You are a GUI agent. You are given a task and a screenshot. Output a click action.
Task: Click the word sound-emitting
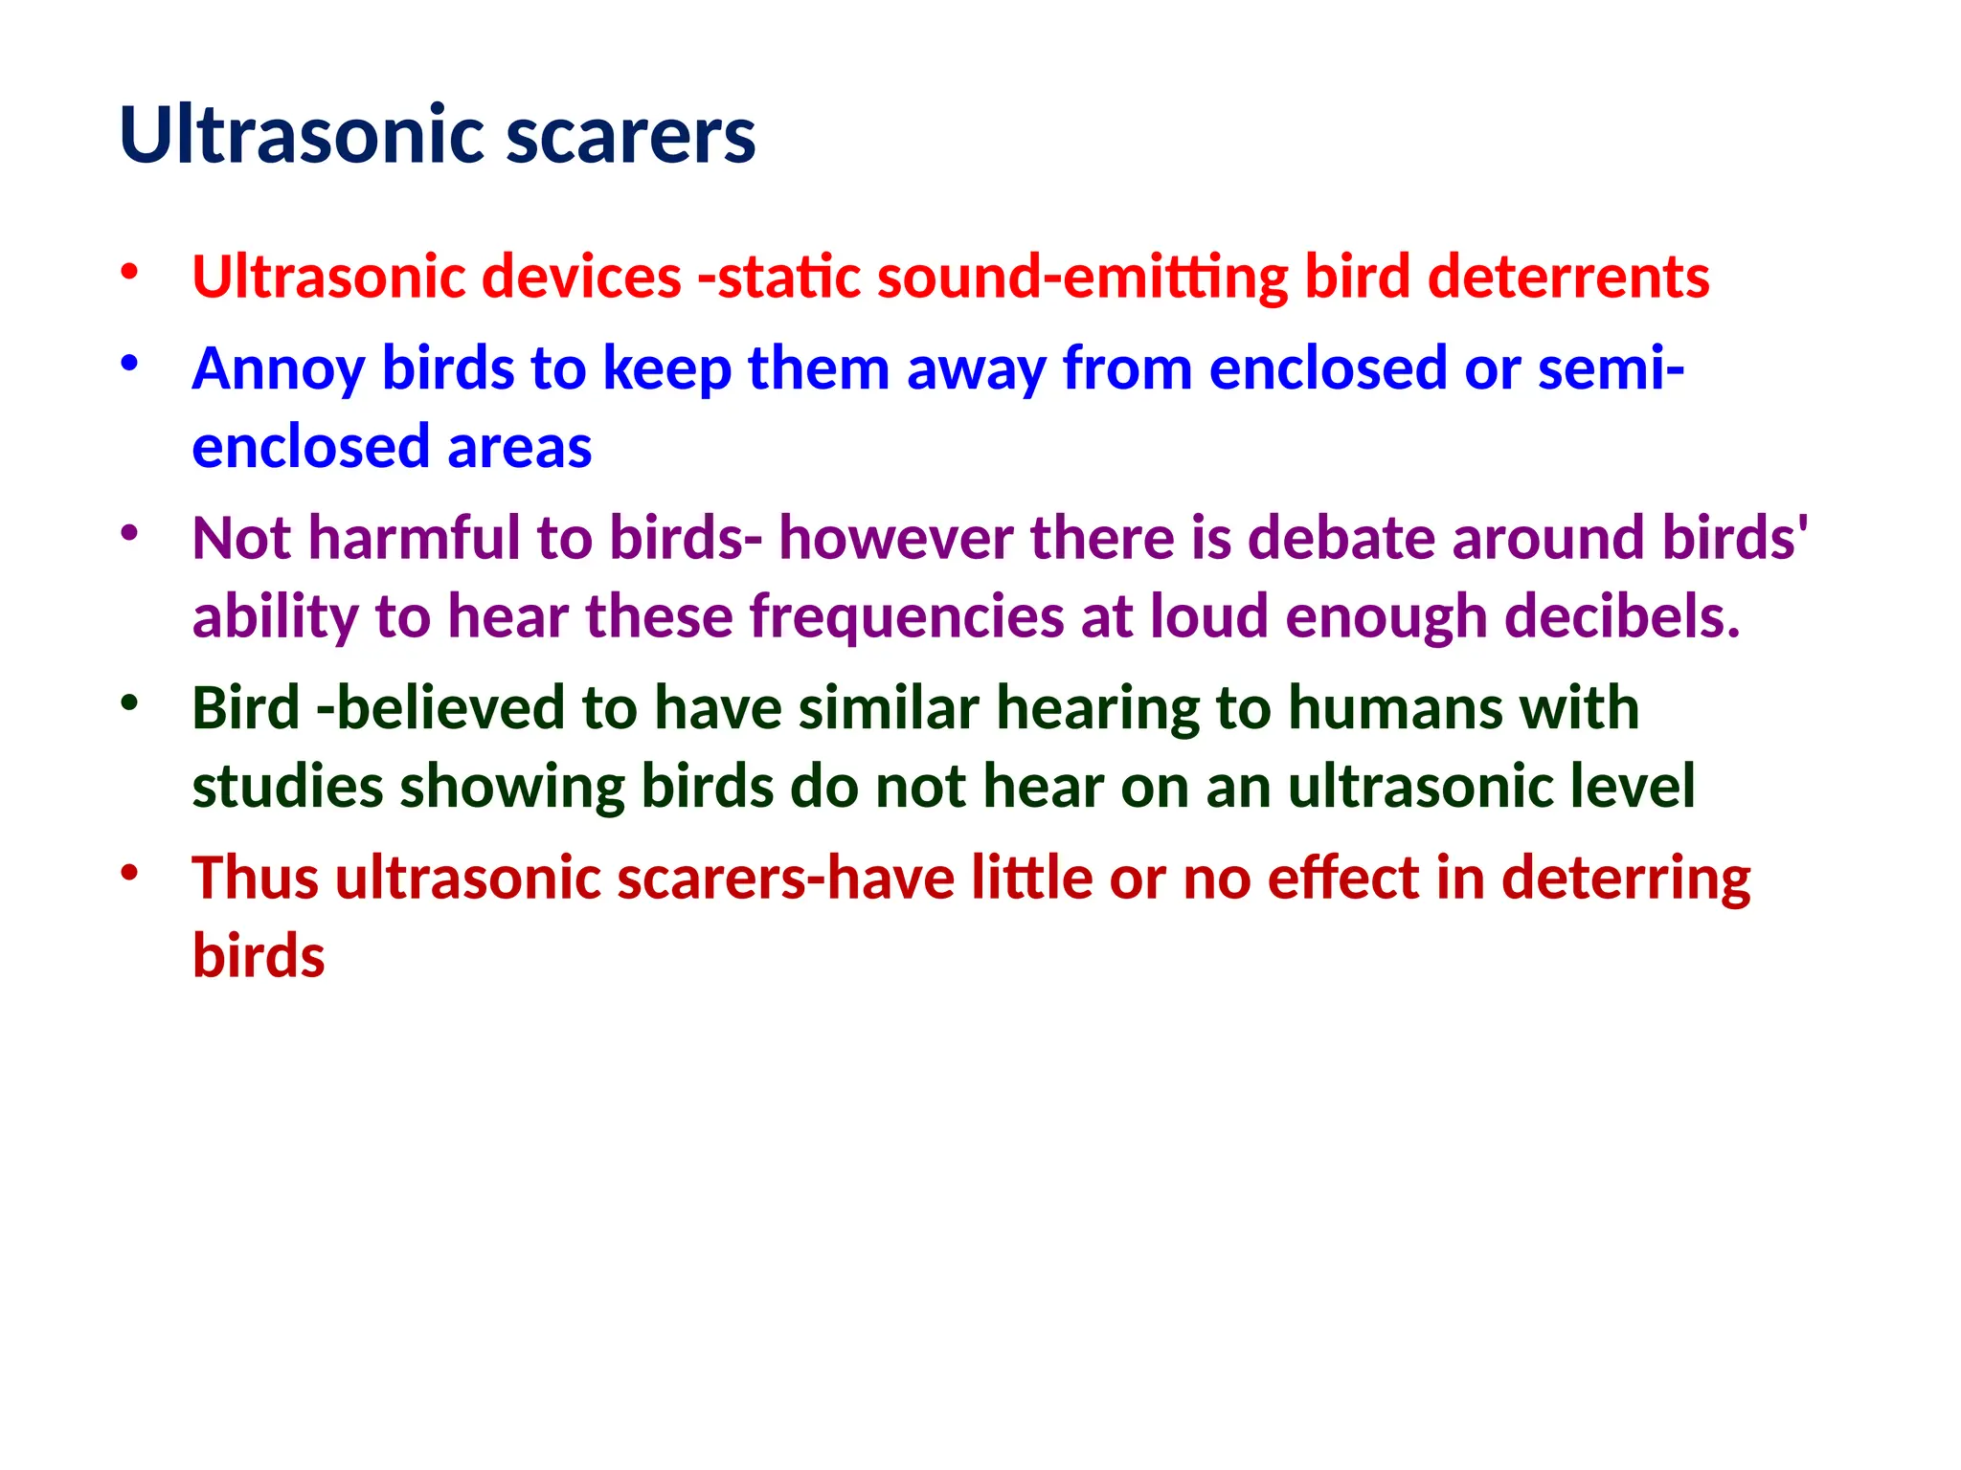pos(1082,278)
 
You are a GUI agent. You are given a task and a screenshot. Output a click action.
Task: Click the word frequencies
pos(906,616)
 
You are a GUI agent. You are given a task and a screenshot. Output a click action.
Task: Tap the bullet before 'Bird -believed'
pos(129,702)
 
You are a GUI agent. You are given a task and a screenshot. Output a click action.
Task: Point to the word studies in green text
pos(287,788)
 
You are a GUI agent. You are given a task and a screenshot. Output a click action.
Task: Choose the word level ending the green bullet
pos(1633,788)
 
